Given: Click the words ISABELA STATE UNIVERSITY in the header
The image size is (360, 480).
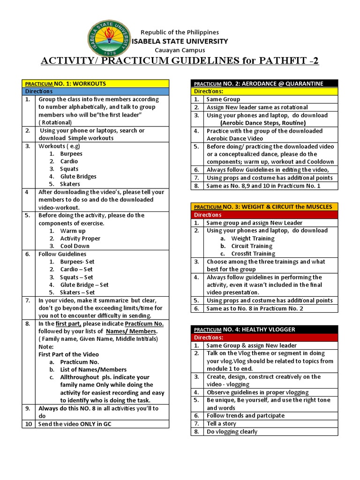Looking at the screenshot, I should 180,41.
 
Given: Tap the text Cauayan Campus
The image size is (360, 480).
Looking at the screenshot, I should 180,50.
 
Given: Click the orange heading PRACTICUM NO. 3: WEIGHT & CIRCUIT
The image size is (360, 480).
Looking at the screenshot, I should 263,207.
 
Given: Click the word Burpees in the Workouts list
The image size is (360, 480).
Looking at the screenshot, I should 71,154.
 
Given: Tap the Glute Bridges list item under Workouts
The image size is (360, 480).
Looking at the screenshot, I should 78,177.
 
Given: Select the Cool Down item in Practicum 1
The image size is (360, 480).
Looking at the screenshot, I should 75,246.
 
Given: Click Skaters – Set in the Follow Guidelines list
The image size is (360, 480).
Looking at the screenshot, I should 77,292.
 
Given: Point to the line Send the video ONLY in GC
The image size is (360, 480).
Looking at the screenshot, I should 75,424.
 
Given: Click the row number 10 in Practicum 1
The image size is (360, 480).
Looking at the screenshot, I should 28,424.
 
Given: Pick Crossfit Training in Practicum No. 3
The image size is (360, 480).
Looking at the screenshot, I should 253,254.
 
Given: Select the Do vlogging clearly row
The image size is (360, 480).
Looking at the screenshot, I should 232,432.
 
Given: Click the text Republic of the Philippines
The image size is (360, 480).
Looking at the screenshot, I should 180,32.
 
